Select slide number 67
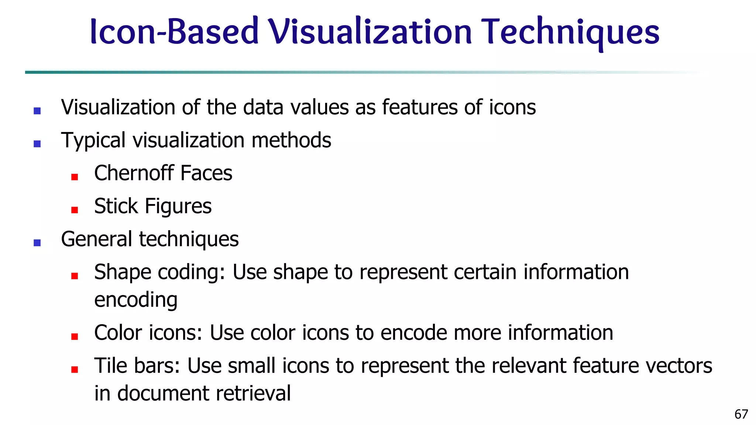click(x=741, y=414)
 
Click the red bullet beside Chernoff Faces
click(x=75, y=177)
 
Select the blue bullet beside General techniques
click(x=37, y=243)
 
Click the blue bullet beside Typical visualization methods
click(x=37, y=144)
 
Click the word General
click(x=96, y=239)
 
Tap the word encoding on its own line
click(x=136, y=300)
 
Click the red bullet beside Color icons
click(x=75, y=336)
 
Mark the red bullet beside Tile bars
click(x=75, y=369)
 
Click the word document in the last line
click(x=163, y=393)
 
